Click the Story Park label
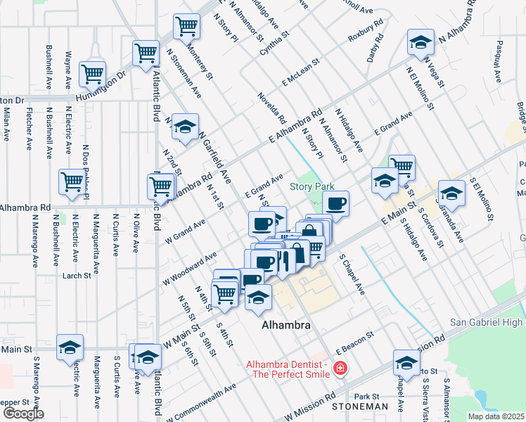tap(312, 186)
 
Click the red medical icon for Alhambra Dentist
tap(340, 368)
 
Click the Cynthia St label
tap(274, 43)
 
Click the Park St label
tap(366, 397)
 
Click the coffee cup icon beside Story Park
tap(336, 204)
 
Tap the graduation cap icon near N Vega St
tap(421, 43)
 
